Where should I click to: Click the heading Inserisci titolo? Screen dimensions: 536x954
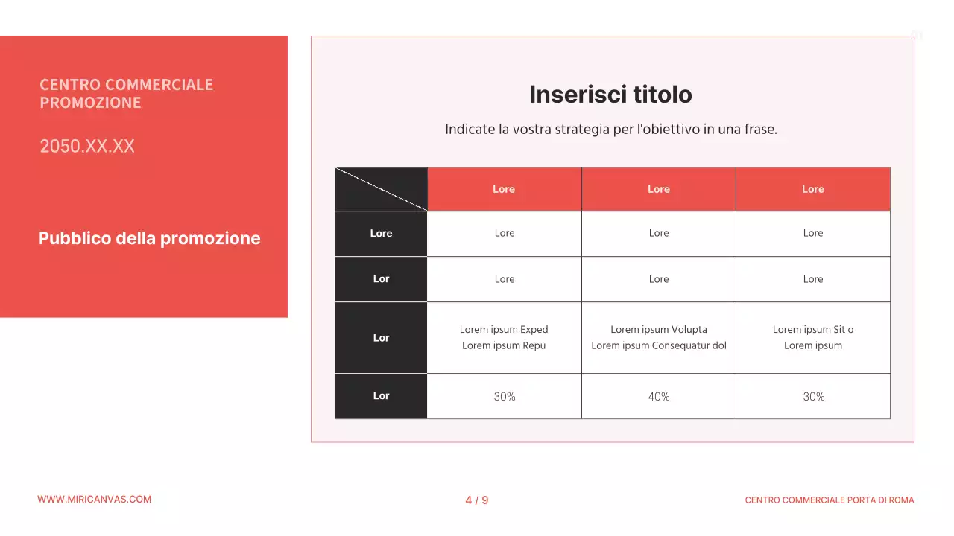coord(610,95)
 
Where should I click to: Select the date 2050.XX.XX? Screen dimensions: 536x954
coord(87,146)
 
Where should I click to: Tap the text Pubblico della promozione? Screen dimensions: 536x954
coord(149,238)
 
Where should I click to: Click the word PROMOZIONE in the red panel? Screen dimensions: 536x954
coord(90,103)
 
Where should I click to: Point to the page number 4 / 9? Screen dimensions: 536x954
coord(477,500)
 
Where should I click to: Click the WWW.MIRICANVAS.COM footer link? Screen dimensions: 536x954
coord(94,500)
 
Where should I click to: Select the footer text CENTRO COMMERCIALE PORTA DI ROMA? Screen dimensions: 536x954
coord(829,500)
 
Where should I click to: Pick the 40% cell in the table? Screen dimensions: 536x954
coord(659,397)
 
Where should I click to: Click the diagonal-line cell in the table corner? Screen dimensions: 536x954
coord(381,189)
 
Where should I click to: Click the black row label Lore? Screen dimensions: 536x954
coord(381,234)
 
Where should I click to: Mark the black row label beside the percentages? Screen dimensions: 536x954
coord(381,396)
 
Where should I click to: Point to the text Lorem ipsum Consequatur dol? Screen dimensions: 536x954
coord(659,345)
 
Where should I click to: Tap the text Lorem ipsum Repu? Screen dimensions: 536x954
coord(504,345)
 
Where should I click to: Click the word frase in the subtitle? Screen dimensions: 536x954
coord(760,130)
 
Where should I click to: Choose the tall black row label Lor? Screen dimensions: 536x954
coord(381,338)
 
